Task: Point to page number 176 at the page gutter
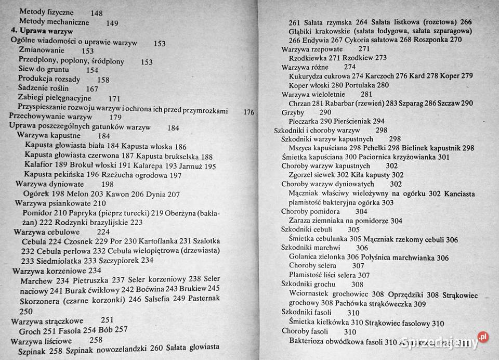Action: pyautogui.click(x=248, y=111)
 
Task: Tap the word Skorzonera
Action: pyautogui.click(x=44, y=299)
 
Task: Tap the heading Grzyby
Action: pyautogui.click(x=293, y=112)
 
